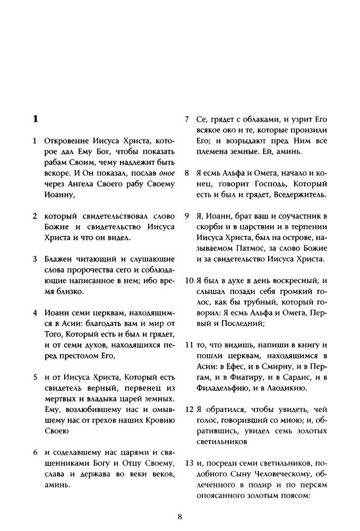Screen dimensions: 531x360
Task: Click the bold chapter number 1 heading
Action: tap(35, 118)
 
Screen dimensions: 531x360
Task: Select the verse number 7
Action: tap(187, 118)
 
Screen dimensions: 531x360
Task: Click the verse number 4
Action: tap(35, 312)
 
